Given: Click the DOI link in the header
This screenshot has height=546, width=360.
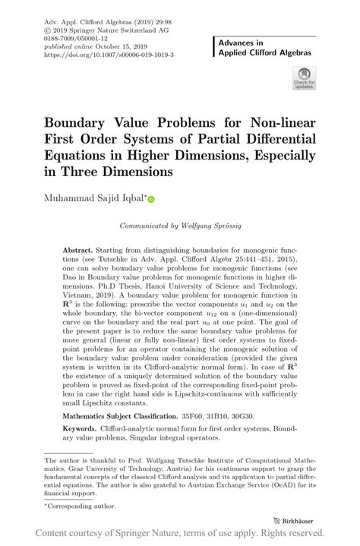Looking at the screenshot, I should pyautogui.click(x=109, y=55).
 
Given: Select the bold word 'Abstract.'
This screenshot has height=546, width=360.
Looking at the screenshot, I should pyautogui.click(x=77, y=250).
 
